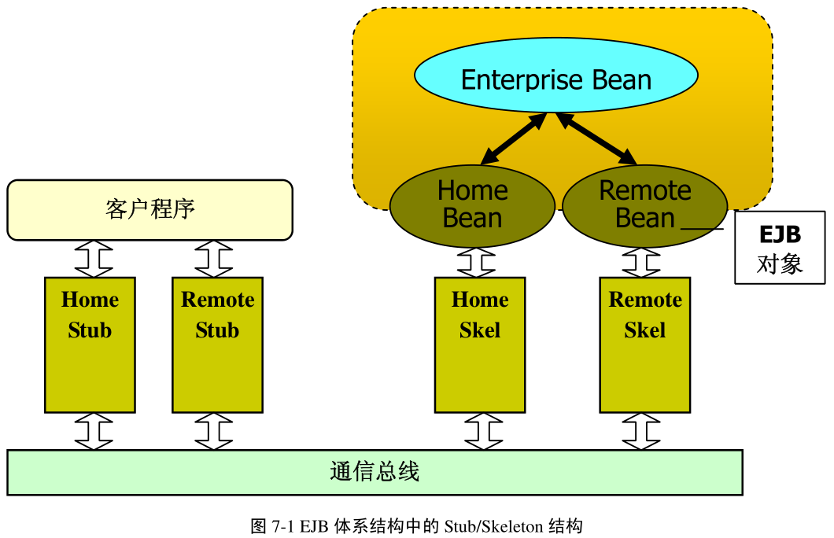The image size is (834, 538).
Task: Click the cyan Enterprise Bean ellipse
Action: point(555,79)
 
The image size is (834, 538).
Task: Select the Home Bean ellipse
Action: point(472,205)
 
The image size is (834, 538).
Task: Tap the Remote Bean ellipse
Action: point(644,205)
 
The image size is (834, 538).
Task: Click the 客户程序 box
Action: point(149,209)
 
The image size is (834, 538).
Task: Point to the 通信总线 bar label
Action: point(375,472)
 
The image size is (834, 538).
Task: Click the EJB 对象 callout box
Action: point(779,247)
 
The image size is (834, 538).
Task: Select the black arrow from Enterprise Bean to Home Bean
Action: point(513,138)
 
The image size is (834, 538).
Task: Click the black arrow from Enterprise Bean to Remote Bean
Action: point(597,138)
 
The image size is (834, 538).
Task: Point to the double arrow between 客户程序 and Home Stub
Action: point(94,259)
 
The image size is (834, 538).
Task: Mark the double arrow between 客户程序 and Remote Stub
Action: point(214,259)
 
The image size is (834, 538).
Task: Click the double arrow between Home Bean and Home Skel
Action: point(476,262)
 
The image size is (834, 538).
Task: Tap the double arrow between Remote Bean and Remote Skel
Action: point(641,262)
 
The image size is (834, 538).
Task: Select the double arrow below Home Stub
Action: point(94,431)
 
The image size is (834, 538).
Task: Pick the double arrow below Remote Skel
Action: point(641,431)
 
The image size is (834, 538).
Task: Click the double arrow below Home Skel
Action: point(483,431)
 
